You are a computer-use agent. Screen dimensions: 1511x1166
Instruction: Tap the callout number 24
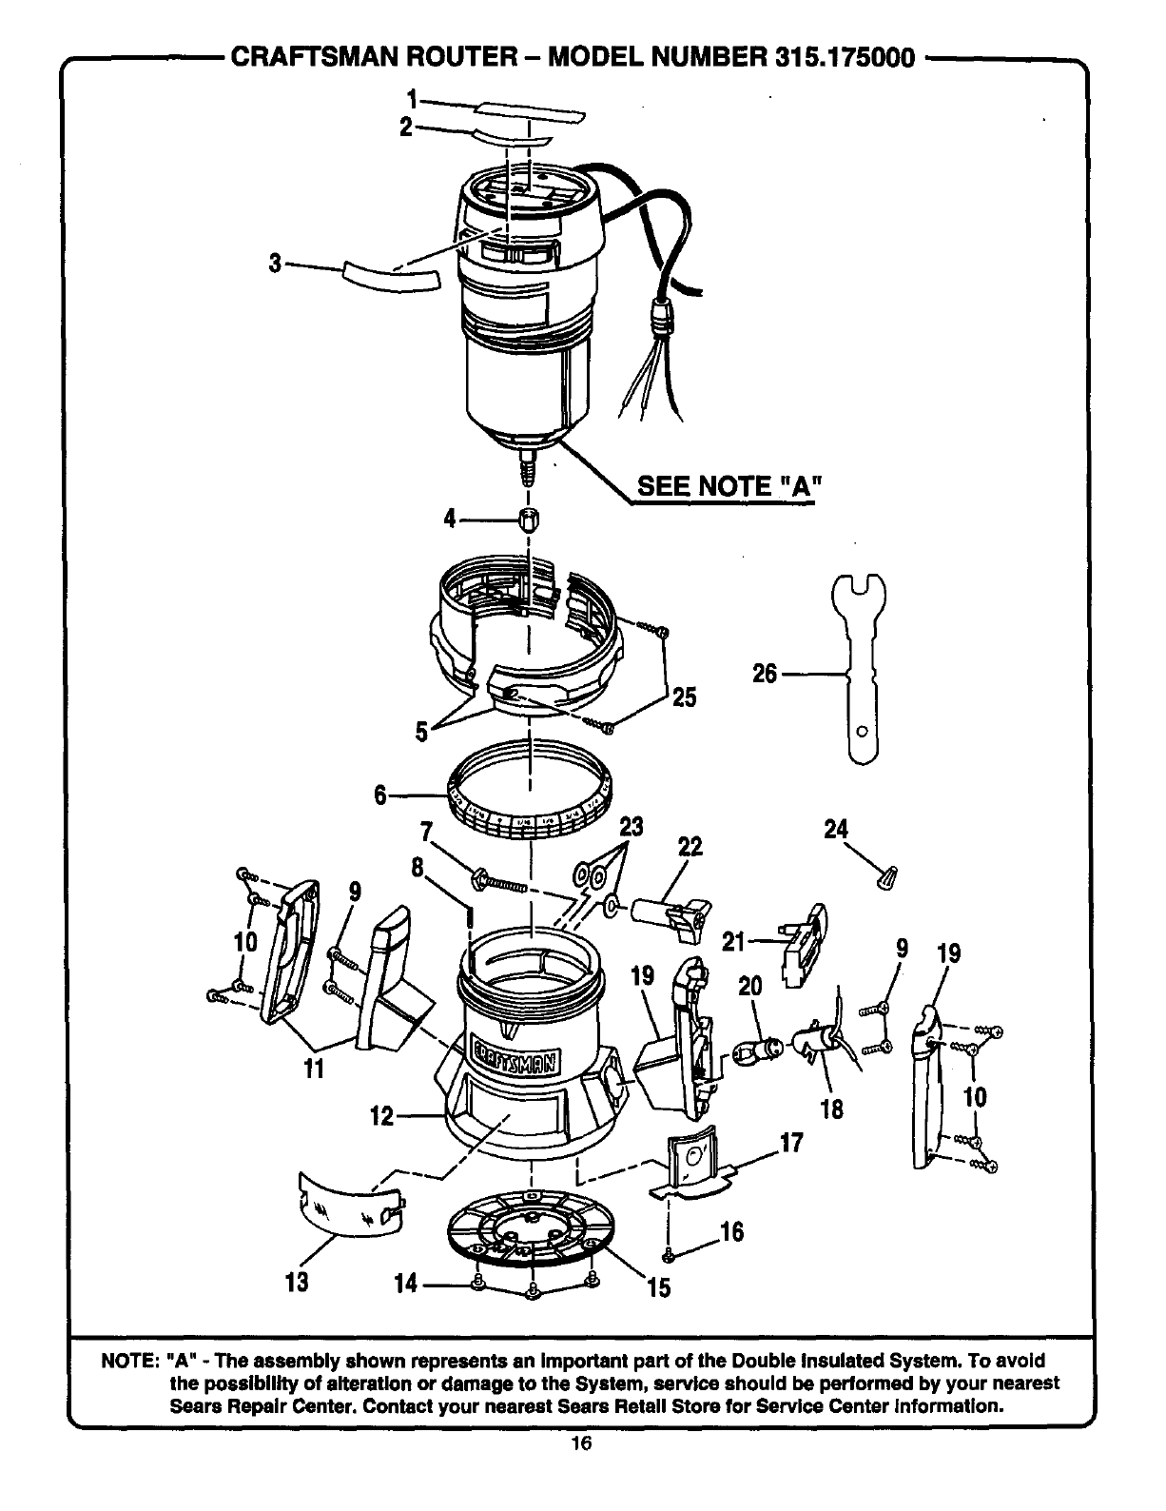pos(836,829)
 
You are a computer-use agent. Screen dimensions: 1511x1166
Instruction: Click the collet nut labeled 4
pos(529,520)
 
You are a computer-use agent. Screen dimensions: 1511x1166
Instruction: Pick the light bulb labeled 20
pos(758,1050)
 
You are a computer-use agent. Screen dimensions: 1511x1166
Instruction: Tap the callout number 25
pos(685,697)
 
